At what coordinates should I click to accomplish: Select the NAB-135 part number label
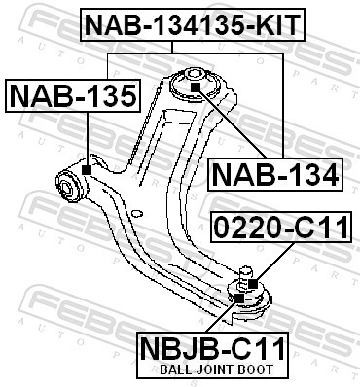tap(74, 96)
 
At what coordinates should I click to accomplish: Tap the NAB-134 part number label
tap(275, 175)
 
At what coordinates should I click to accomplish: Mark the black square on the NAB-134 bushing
tap(194, 88)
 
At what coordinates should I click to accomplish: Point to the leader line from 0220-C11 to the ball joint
tap(268, 263)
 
